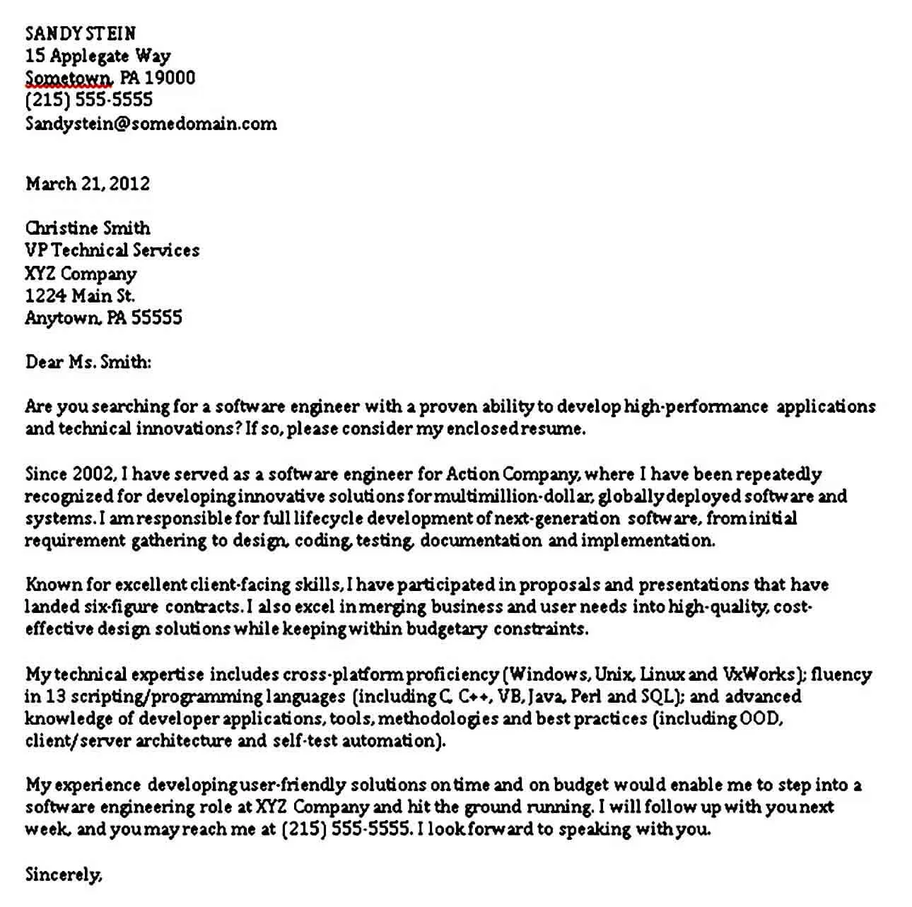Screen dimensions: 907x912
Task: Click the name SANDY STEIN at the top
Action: click(x=81, y=33)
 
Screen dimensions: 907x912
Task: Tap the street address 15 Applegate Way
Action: click(x=98, y=56)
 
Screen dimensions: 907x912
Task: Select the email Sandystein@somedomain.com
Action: click(x=151, y=124)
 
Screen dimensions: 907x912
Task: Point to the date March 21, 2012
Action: click(x=88, y=184)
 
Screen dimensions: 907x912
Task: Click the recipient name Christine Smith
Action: click(x=88, y=228)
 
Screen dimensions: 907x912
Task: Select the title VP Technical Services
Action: click(x=112, y=250)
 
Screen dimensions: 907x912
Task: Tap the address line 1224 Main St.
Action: click(x=79, y=295)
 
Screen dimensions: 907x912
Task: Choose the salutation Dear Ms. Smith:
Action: click(x=88, y=362)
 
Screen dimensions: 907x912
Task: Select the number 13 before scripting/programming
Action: click(x=56, y=696)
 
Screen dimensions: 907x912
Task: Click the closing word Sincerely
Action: click(x=63, y=875)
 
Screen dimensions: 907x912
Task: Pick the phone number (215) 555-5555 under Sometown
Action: click(x=88, y=100)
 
